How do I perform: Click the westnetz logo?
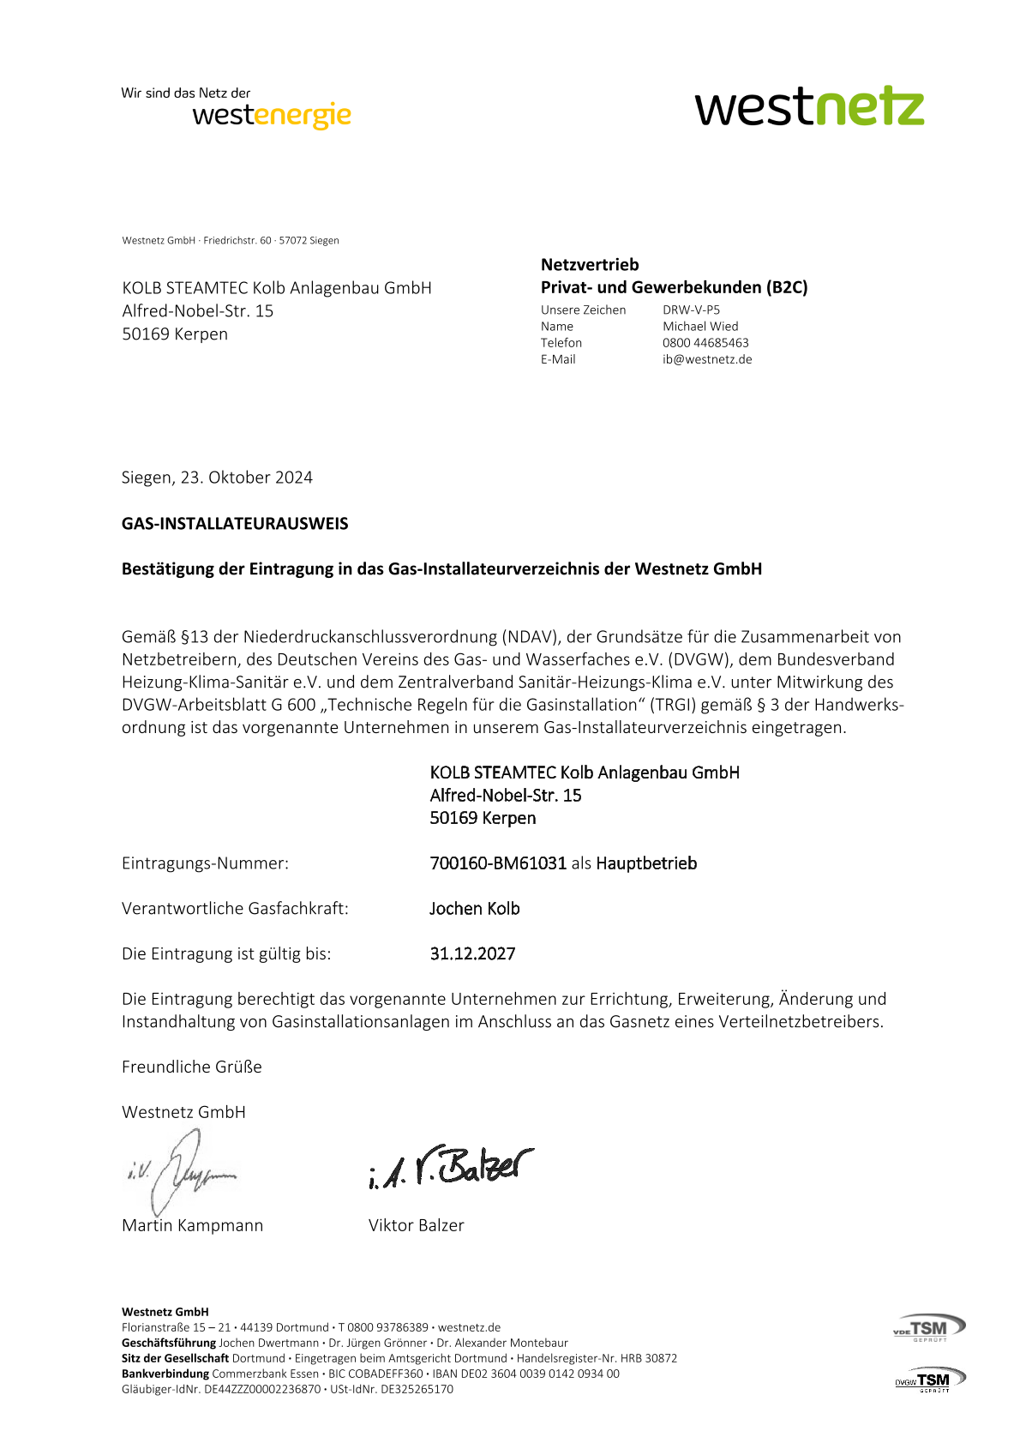(x=809, y=107)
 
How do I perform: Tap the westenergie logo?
(x=272, y=114)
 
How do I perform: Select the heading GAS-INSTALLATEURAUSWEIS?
(x=235, y=524)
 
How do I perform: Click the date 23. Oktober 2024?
(x=247, y=478)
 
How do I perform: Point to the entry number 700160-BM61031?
(x=498, y=863)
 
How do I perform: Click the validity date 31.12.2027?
(x=472, y=954)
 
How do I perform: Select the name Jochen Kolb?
(x=474, y=909)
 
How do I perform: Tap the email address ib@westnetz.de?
(x=707, y=359)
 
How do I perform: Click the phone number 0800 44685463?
(x=705, y=343)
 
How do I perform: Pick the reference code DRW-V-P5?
(x=691, y=310)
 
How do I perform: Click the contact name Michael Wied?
(x=700, y=327)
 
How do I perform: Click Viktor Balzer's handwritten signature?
(x=450, y=1167)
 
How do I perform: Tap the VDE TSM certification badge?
(x=929, y=1327)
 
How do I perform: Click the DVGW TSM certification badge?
(x=929, y=1380)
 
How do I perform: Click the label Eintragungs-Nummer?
(x=205, y=863)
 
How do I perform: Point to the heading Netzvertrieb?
(x=590, y=265)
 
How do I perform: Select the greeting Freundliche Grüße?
(x=192, y=1067)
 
